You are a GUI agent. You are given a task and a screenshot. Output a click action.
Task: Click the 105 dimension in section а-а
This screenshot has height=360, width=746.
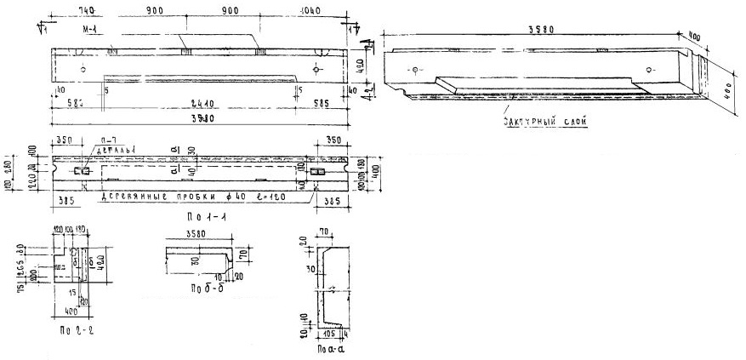click(327, 334)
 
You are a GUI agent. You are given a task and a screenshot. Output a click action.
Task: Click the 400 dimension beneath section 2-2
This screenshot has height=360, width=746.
click(71, 312)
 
